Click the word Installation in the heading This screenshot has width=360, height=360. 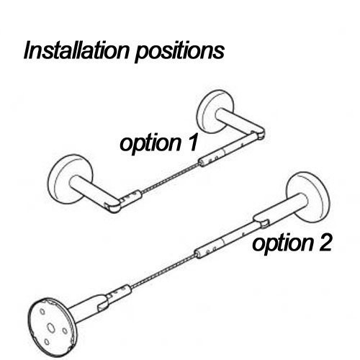(x=76, y=50)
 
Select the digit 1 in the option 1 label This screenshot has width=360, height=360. (x=192, y=143)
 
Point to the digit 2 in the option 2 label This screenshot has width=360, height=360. (x=324, y=243)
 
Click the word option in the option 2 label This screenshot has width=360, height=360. (x=283, y=244)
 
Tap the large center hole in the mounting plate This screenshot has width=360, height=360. (x=51, y=328)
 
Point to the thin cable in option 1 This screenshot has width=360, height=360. (x=170, y=178)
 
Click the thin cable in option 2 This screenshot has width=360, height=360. (x=163, y=271)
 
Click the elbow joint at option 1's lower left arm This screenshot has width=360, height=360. (x=112, y=204)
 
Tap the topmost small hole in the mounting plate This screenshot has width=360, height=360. (x=42, y=311)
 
